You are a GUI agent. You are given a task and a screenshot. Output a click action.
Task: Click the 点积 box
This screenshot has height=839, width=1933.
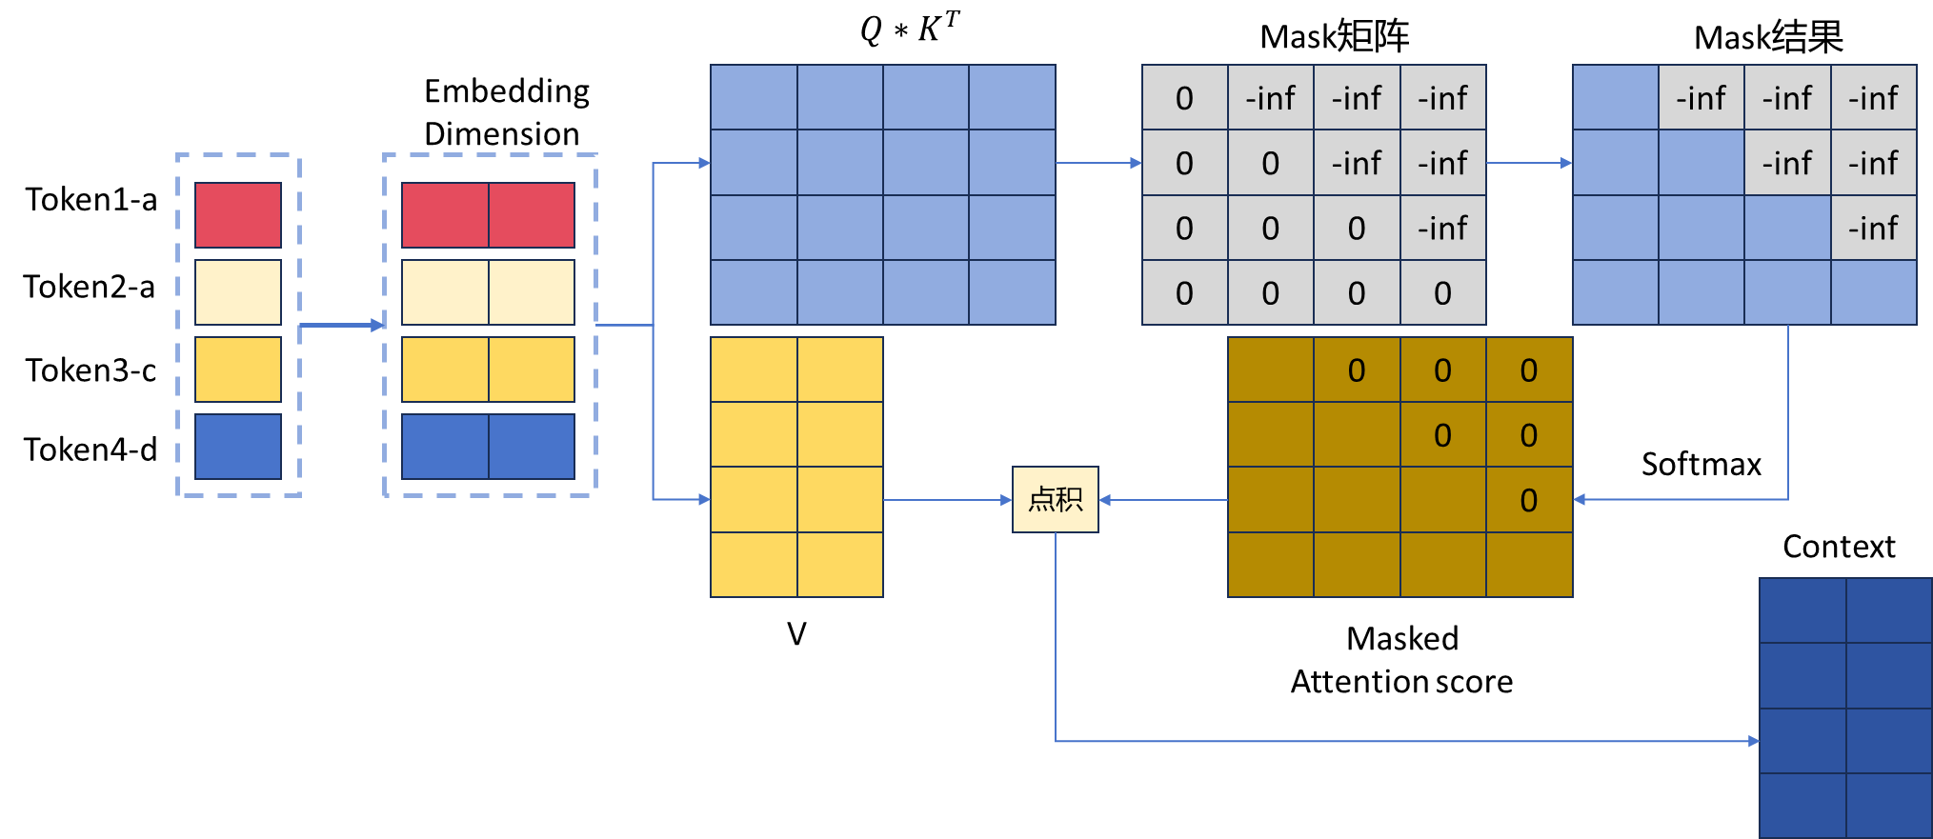pyautogui.click(x=1055, y=499)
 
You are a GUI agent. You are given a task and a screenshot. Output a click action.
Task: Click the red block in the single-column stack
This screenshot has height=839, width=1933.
pyautogui.click(x=238, y=215)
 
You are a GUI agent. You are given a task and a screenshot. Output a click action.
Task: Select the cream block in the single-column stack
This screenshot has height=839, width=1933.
pyautogui.click(x=238, y=292)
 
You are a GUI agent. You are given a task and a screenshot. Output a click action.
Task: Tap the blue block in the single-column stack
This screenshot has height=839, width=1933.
pyautogui.click(x=238, y=446)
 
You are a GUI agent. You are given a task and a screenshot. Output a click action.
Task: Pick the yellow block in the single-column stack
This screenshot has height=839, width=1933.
pyautogui.click(x=238, y=370)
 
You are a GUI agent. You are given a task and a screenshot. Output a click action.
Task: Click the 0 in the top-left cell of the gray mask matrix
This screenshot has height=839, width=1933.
pyautogui.click(x=1184, y=98)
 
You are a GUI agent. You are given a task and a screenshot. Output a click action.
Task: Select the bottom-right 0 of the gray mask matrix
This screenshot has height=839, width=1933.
pyautogui.click(x=1442, y=293)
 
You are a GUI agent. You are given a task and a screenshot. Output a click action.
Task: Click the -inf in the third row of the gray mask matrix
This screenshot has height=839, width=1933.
pyautogui.click(x=1442, y=229)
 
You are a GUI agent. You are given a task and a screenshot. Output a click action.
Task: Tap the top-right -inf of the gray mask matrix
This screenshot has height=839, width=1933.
pyautogui.click(x=1442, y=98)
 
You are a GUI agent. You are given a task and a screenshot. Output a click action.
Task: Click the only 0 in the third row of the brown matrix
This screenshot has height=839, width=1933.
pyautogui.click(x=1528, y=500)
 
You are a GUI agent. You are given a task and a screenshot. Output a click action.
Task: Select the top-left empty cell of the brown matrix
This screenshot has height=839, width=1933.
pyautogui.click(x=1271, y=370)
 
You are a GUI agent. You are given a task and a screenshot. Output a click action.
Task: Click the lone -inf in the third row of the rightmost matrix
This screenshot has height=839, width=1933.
pyautogui.click(x=1873, y=229)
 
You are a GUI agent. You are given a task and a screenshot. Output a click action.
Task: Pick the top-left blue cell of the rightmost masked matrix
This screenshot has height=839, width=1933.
pyautogui.click(x=1616, y=98)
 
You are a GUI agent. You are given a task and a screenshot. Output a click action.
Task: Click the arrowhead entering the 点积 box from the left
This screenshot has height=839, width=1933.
pyautogui.click(x=1006, y=499)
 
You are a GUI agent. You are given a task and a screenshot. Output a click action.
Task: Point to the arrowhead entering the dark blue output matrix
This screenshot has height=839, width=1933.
pyautogui.click(x=1754, y=741)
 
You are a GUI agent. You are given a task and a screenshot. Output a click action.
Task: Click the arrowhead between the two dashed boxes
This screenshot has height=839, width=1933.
pyautogui.click(x=377, y=325)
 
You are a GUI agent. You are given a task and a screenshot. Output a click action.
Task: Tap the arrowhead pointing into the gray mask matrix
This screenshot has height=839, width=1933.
pyautogui.click(x=1136, y=163)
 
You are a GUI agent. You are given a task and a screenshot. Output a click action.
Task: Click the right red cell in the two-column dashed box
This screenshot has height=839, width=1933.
pyautogui.click(x=532, y=215)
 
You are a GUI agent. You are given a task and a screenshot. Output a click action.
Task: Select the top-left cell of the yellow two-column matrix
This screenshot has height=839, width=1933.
pyautogui.click(x=754, y=370)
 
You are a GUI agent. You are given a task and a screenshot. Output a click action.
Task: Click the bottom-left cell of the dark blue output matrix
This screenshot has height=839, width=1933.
pyautogui.click(x=1802, y=806)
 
